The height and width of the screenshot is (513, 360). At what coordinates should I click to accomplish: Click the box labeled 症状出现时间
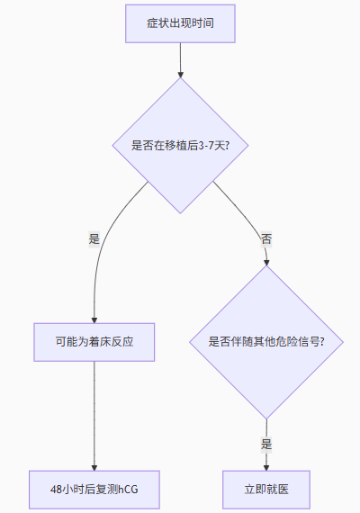(180, 23)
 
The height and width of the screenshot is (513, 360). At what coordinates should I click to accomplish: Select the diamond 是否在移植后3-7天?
(180, 146)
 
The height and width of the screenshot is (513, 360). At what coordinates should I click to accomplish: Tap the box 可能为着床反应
(94, 342)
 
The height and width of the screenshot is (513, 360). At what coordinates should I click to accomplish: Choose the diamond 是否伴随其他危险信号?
(266, 342)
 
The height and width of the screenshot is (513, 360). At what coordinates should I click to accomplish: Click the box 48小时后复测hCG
(94, 490)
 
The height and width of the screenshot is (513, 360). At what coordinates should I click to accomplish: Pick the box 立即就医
(266, 490)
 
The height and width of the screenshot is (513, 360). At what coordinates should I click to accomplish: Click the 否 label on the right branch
(266, 238)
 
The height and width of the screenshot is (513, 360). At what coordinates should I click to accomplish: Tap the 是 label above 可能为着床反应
(94, 238)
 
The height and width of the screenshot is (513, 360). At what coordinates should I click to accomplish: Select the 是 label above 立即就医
(266, 444)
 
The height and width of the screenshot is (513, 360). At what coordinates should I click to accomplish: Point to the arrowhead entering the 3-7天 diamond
(180, 75)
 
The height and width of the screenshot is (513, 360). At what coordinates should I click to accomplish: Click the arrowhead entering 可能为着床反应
(94, 320)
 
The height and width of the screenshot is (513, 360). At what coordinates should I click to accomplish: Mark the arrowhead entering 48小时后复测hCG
(94, 468)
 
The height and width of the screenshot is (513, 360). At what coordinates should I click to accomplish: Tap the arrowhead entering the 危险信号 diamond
(266, 263)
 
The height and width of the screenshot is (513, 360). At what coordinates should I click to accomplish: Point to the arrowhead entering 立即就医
(266, 468)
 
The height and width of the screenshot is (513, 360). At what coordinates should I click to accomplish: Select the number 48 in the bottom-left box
(56, 490)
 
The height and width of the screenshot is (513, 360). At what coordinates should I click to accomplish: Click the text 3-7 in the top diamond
(206, 146)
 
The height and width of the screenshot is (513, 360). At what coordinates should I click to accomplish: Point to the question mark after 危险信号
(322, 342)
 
